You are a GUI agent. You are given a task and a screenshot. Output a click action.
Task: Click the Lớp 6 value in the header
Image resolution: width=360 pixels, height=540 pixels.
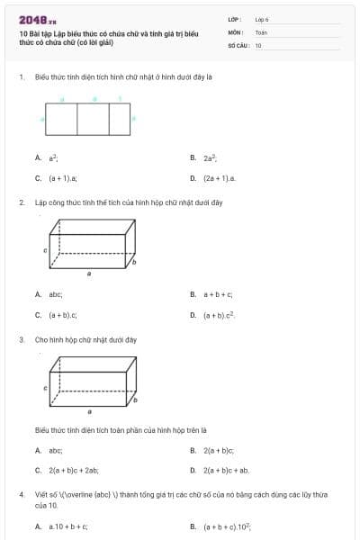tap(262, 19)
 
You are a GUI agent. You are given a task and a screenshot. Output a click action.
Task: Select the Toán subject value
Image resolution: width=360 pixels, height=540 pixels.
tap(261, 31)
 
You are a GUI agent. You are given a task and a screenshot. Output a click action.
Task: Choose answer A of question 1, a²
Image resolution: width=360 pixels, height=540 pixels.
tap(53, 157)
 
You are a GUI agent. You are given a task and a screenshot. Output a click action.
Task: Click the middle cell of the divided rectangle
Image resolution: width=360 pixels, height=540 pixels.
tap(93, 118)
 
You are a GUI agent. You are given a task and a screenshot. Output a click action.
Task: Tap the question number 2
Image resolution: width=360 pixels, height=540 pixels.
tap(22, 202)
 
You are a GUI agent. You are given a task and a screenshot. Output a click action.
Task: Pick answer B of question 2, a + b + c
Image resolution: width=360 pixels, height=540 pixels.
tap(218, 294)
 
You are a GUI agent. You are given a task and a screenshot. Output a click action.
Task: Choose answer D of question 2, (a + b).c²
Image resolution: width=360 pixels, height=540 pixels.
tap(219, 315)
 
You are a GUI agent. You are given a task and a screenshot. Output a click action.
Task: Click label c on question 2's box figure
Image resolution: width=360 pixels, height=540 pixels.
tap(46, 251)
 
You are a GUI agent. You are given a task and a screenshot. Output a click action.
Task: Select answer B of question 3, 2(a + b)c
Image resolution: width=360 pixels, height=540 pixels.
tap(218, 450)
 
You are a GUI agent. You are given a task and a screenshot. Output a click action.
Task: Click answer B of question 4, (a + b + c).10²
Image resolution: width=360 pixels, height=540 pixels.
tap(227, 526)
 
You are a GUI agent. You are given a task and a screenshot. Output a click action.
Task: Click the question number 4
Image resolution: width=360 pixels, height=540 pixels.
tap(22, 495)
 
